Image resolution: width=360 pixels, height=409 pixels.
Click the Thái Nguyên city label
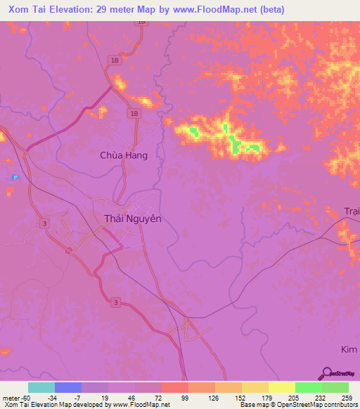coord(132,219)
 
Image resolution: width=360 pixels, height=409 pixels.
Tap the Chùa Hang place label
coord(124,155)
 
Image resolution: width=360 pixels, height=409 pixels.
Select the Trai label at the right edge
coord(351,212)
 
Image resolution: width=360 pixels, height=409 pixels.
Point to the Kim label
coord(350,349)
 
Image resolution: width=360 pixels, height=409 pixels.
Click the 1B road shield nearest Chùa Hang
coord(134,113)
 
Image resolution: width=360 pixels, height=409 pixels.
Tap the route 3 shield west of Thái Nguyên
coord(45,223)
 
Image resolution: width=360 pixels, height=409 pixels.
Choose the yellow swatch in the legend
coord(281,387)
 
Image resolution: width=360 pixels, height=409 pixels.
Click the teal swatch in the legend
coord(41,387)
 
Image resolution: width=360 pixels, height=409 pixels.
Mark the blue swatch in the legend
coord(68,387)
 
